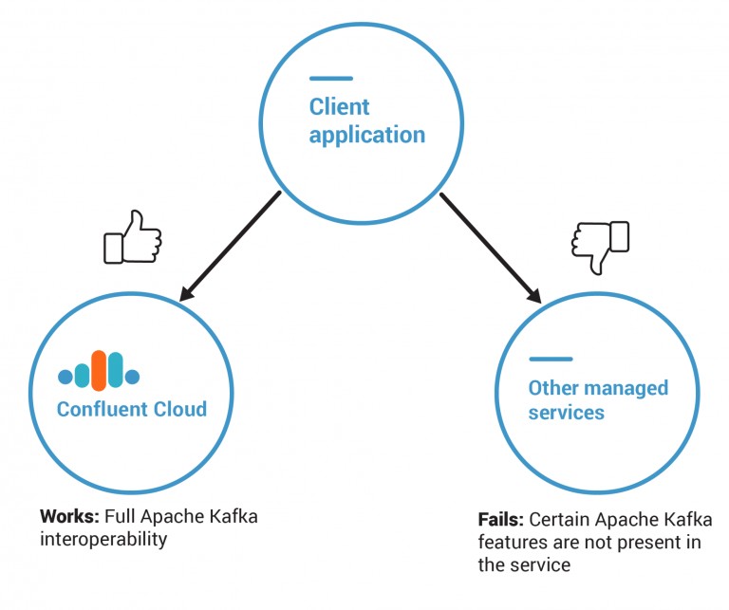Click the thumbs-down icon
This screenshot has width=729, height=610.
(600, 245)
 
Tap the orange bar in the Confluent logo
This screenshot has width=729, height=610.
(99, 370)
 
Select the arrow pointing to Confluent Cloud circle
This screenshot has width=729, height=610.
(231, 246)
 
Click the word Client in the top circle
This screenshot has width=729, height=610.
(339, 106)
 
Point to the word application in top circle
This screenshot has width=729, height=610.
(366, 135)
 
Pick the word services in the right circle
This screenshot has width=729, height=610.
(566, 413)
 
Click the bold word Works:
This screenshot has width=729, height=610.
(69, 517)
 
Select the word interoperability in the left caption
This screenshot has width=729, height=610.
(103, 539)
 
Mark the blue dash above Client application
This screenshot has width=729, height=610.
(330, 79)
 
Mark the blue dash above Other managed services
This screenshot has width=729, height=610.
(551, 360)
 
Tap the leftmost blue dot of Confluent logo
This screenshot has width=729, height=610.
(65, 378)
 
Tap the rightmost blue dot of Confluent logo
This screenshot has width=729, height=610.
(133, 378)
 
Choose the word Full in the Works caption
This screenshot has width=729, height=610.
(121, 517)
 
